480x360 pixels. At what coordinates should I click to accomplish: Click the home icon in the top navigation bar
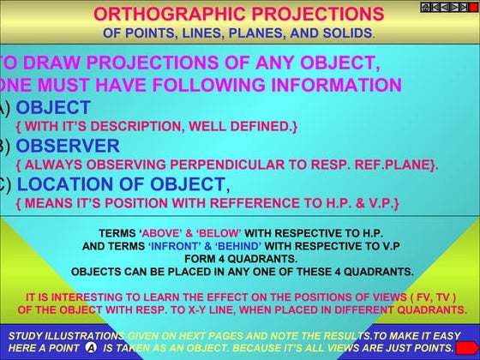point(425,7)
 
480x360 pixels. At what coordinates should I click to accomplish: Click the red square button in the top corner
point(473,7)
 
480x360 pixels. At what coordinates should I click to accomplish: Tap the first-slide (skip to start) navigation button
point(436,7)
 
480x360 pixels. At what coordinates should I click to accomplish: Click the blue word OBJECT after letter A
point(53,107)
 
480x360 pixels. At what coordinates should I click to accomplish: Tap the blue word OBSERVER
point(68,145)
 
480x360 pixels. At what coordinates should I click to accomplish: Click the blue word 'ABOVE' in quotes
point(162,233)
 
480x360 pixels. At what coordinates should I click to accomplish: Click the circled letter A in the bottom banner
point(90,348)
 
